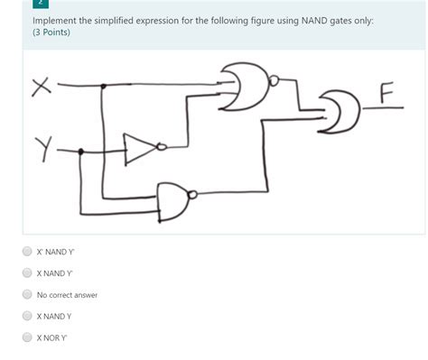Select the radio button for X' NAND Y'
[x=27, y=252]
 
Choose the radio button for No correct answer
[x=27, y=295]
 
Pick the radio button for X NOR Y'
[x=27, y=337]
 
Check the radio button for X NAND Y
[x=27, y=317]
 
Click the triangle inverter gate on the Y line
[x=141, y=150]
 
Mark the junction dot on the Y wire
[x=82, y=152]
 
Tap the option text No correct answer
[x=67, y=295]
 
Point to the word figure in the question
[x=233, y=19]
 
